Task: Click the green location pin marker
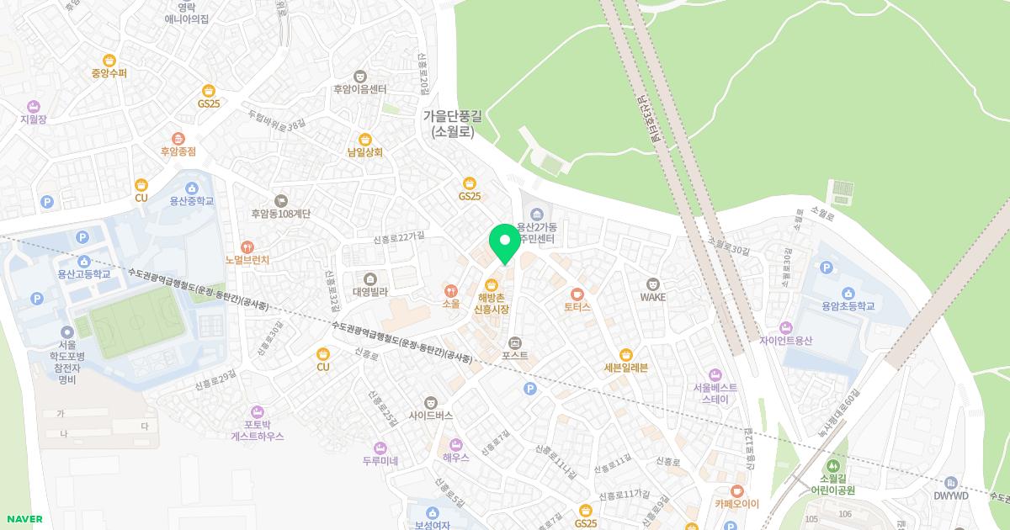coord(505,243)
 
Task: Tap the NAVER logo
coord(24,519)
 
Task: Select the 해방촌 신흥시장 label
coord(492,304)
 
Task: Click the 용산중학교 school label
coord(192,201)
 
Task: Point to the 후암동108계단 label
coord(281,214)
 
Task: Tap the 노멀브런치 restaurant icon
coord(247,247)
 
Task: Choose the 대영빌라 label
coord(369,292)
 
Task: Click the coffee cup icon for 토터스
coord(577,294)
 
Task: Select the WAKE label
coord(652,297)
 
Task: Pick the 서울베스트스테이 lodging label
coord(715,393)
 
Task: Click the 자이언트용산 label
coord(785,341)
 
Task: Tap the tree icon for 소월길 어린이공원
coord(832,465)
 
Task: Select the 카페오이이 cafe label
coord(737,504)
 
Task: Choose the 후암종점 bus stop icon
coord(178,139)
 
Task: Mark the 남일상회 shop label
coord(364,152)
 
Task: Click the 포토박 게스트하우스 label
coord(258,431)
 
